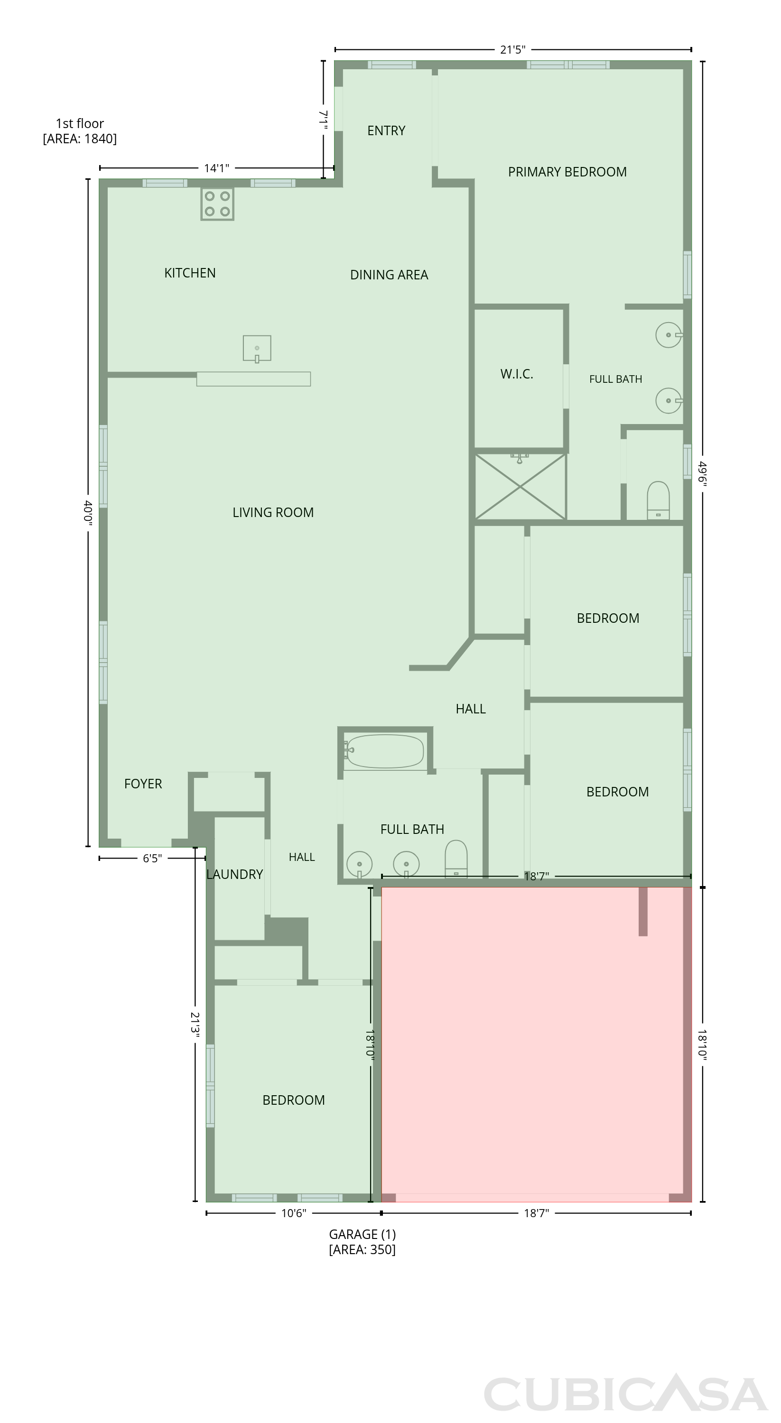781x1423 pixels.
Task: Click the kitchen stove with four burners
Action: (x=217, y=204)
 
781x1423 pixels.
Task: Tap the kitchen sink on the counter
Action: (x=257, y=349)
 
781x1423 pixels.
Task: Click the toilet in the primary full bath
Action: (x=658, y=500)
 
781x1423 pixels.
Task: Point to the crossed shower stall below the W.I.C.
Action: (x=520, y=486)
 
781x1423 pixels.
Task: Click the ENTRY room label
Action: (x=386, y=131)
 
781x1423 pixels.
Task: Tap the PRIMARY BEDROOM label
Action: (x=567, y=172)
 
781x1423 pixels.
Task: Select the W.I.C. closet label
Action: (x=517, y=374)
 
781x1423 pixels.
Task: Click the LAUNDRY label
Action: (x=234, y=875)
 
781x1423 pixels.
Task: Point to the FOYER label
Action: (x=143, y=784)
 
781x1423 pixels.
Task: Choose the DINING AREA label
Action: (x=389, y=275)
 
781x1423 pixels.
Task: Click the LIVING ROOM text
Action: (x=273, y=513)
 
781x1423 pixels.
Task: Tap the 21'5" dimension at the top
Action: (x=513, y=50)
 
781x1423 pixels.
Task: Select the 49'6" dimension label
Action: (x=703, y=473)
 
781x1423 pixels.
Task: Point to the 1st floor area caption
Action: (x=80, y=131)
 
